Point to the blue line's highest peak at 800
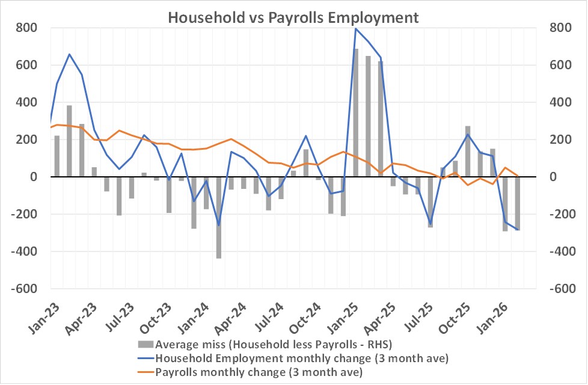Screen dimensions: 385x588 (356, 29)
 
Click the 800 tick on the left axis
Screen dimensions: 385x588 (26, 28)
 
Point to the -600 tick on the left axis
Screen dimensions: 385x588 (24, 288)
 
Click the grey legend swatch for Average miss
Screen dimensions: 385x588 (145, 345)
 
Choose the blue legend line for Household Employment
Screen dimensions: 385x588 (145, 359)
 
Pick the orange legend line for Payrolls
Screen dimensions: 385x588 (145, 372)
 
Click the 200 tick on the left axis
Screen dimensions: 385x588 (26, 140)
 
